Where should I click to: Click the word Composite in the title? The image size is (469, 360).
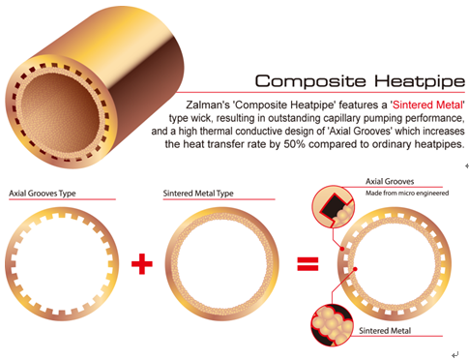(310, 81)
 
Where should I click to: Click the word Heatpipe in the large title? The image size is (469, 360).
(420, 81)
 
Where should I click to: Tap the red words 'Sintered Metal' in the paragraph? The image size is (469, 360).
(427, 105)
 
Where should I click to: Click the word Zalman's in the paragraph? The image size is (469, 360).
(208, 105)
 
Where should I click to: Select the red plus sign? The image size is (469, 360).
(142, 264)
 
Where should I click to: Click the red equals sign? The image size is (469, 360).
(308, 263)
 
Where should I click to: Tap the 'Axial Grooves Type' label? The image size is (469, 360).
(43, 194)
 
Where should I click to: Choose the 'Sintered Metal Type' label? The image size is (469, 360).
(198, 194)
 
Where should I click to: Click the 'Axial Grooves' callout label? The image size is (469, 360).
(390, 182)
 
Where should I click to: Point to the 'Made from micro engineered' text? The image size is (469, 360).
(407, 194)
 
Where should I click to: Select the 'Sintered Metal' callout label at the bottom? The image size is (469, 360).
(385, 331)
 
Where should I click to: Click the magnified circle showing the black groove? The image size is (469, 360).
(333, 206)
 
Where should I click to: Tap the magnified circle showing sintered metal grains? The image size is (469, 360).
(332, 325)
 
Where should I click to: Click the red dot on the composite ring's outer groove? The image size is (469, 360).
(342, 249)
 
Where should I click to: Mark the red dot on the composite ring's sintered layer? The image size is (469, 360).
(355, 269)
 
